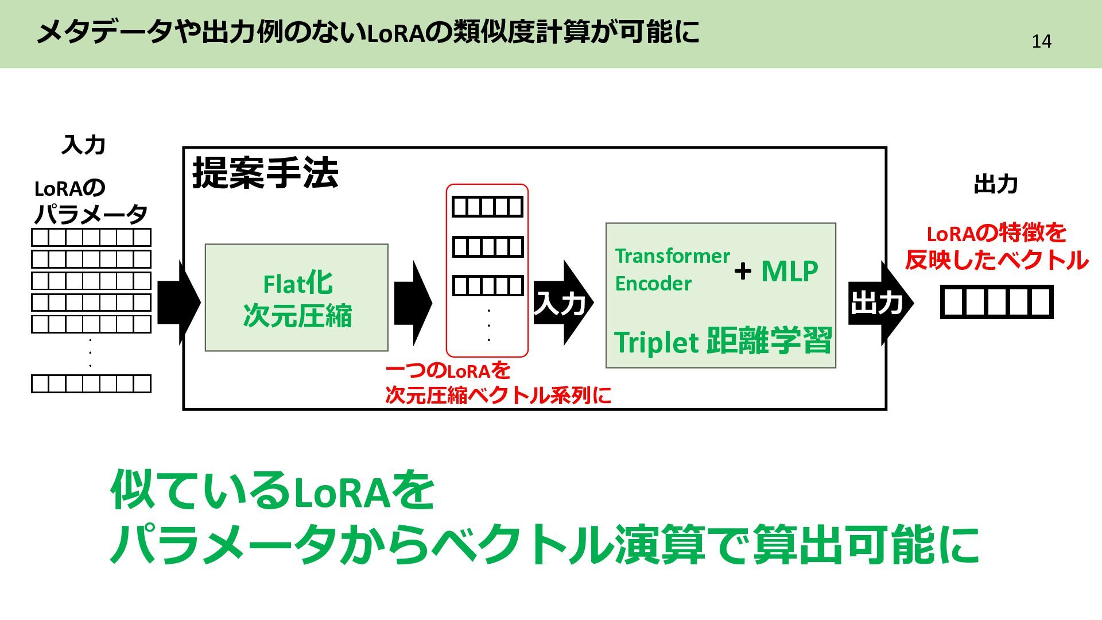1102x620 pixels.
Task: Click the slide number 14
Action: coord(1041,41)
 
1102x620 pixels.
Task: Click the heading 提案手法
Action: coord(265,173)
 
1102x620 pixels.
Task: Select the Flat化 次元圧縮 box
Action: coord(297,298)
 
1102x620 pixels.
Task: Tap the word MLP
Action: coord(789,271)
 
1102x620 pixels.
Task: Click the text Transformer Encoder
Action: coord(672,269)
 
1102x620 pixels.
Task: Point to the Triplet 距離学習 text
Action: coord(723,341)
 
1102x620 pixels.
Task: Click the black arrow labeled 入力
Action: coord(561,303)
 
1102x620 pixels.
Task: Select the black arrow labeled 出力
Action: coord(878,303)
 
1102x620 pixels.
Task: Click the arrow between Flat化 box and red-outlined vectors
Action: coord(413,303)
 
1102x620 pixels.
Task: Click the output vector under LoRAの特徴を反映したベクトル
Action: coord(996,302)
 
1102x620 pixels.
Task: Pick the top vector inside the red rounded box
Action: coord(487,207)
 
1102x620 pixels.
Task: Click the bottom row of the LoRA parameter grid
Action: coord(91,383)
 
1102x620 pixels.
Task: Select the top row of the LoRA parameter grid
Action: coord(91,237)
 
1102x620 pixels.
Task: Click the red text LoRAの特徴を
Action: coord(996,234)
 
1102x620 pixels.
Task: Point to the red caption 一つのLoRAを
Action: coord(448,370)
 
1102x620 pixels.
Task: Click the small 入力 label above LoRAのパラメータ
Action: coord(84,145)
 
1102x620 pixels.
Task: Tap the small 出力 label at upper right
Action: coord(996,185)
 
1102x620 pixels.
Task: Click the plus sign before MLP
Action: coord(743,271)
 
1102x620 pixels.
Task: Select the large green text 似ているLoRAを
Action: coord(272,491)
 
